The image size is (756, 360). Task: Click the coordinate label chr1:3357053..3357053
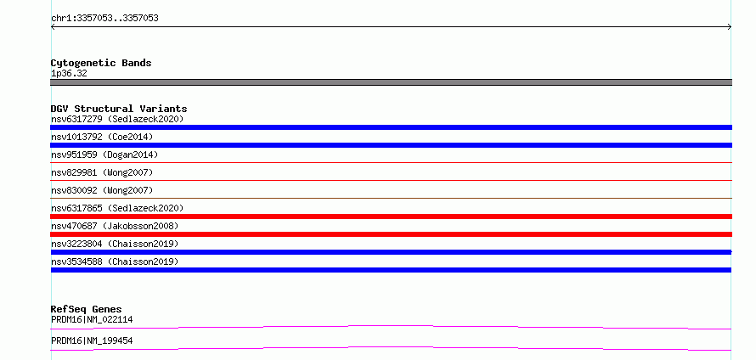tap(104, 19)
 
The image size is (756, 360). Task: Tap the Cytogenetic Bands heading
tap(101, 63)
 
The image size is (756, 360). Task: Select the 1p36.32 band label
tap(69, 74)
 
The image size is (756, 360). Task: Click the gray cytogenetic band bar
tap(391, 82)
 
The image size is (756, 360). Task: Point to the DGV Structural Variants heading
tap(119, 109)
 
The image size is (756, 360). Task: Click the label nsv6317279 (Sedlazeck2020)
tap(117, 119)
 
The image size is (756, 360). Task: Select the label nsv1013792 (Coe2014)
tap(102, 137)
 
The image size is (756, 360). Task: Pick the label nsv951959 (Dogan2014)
tap(104, 155)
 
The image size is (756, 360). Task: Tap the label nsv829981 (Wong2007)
tap(102, 172)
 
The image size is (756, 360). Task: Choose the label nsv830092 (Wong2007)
tap(102, 190)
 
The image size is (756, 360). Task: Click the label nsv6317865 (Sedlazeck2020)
tap(117, 208)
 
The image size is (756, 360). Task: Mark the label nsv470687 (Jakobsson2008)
tap(115, 226)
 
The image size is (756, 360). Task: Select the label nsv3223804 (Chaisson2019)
tap(115, 244)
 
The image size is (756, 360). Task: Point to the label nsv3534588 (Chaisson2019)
tap(115, 262)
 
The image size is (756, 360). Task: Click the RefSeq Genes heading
tap(87, 309)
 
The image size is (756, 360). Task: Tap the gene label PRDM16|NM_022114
tap(92, 319)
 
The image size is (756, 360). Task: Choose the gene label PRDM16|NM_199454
tap(92, 341)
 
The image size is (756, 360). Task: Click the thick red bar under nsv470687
tap(391, 234)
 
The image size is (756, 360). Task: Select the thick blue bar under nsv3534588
tap(391, 270)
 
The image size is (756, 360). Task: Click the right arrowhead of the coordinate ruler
tap(731, 27)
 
